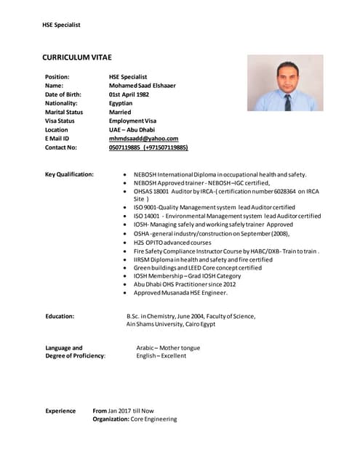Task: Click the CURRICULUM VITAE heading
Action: [76, 57]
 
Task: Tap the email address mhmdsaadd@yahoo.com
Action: [143, 138]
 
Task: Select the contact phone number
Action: [148, 147]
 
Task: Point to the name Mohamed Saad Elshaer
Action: [142, 86]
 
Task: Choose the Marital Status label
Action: [64, 112]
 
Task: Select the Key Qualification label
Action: [69, 174]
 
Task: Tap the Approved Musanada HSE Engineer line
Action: [180, 293]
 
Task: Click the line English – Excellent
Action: [161, 356]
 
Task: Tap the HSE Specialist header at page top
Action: [61, 25]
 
